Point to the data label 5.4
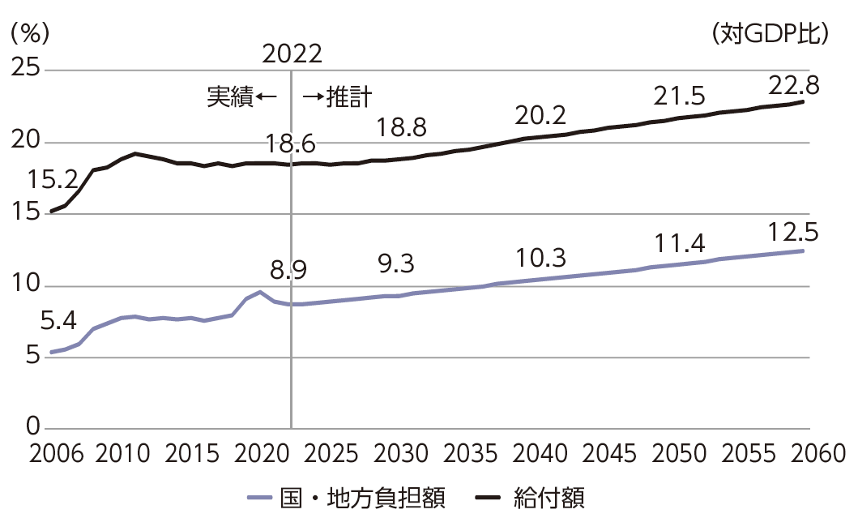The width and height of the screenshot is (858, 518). click(58, 323)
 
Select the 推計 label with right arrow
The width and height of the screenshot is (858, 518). click(338, 98)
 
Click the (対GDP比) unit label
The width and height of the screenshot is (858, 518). click(769, 33)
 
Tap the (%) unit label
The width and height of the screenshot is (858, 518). click(30, 33)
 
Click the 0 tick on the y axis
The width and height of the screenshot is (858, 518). click(32, 426)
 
